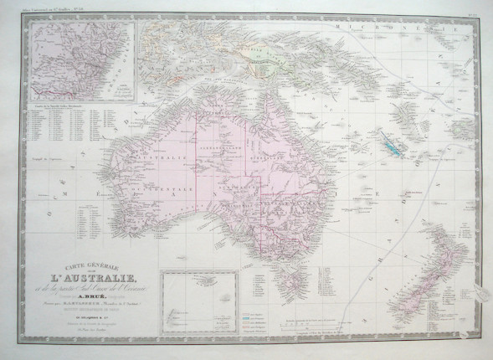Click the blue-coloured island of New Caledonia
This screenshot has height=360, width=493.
[388, 142]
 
